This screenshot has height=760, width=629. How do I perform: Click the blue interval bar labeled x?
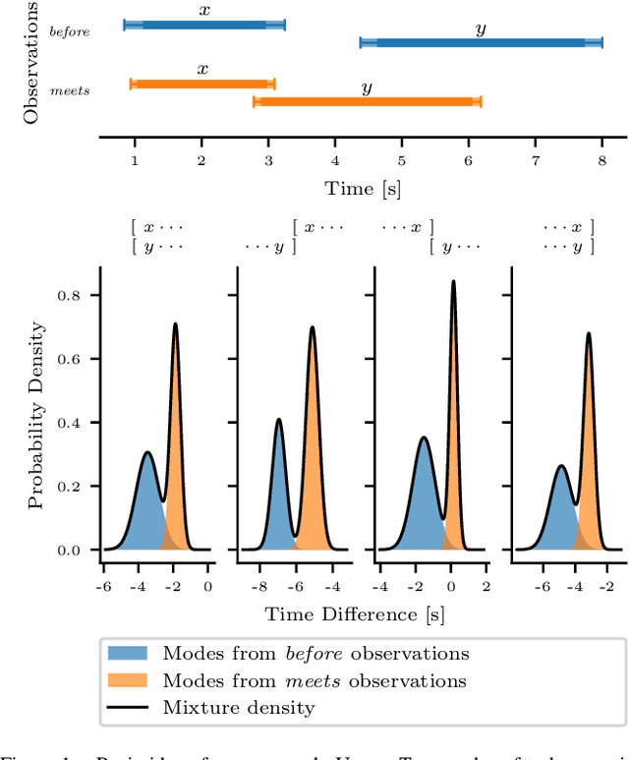tap(204, 24)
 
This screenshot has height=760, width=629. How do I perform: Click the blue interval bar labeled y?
tap(481, 42)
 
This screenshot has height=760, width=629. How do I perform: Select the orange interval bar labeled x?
tap(202, 85)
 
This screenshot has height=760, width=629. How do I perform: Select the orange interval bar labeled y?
tap(367, 101)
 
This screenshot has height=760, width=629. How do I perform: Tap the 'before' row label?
tap(70, 31)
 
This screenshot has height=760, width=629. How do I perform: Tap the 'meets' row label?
tap(70, 90)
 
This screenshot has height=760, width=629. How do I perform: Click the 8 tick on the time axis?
tap(601, 159)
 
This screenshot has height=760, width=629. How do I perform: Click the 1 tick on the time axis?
tap(135, 159)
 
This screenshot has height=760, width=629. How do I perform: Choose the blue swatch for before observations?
tap(127, 653)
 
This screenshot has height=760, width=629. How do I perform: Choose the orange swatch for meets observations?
tap(127, 680)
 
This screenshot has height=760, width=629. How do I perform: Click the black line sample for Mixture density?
tap(127, 707)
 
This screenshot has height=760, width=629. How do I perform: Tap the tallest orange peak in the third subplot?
tap(453, 285)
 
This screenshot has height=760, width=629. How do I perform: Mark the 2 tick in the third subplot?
tap(486, 586)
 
